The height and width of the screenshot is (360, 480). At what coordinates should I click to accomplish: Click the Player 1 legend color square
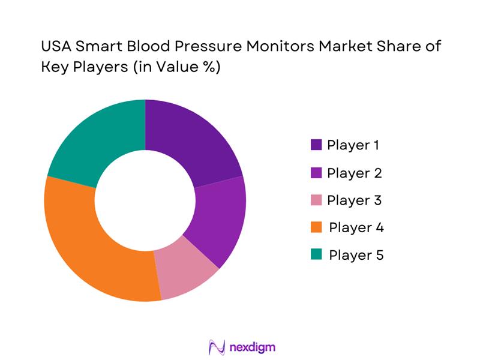click(316, 145)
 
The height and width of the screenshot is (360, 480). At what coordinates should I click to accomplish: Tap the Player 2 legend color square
click(316, 173)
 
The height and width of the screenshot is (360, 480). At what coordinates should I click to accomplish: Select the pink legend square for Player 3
click(316, 200)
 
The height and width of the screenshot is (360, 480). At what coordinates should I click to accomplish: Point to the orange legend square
click(316, 228)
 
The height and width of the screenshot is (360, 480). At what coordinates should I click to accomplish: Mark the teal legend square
click(316, 256)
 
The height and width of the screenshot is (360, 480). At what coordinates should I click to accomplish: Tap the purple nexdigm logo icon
click(217, 347)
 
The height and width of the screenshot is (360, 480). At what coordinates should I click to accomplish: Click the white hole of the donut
click(145, 200)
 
